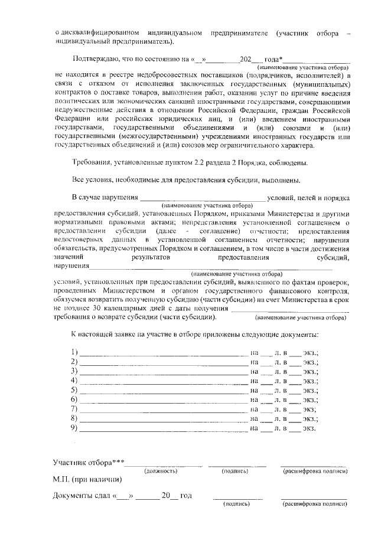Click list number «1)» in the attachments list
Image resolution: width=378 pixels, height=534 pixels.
(74, 352)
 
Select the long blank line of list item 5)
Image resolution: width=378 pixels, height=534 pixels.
(164, 390)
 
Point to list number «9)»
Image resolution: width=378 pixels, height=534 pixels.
(74, 428)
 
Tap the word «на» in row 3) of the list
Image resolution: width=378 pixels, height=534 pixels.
(255, 371)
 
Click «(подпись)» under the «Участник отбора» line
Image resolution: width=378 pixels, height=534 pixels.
(234, 471)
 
